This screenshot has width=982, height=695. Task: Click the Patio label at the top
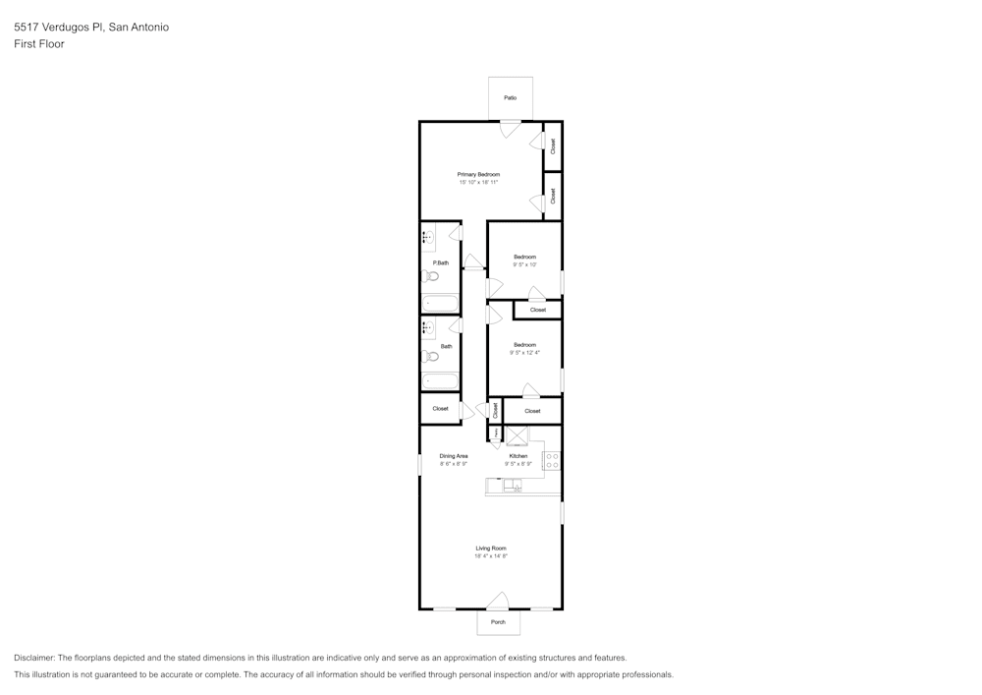[x=511, y=97]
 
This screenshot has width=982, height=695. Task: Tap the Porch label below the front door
[x=498, y=621]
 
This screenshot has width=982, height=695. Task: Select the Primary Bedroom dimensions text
[x=478, y=182]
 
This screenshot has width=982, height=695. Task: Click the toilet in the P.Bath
[x=430, y=276]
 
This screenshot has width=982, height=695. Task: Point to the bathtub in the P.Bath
[x=440, y=303]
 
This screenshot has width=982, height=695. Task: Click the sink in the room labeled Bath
[x=427, y=327]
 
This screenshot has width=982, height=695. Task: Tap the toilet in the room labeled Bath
[x=430, y=356]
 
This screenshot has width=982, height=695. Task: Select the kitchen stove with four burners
[x=552, y=460]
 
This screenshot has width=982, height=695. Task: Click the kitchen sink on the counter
[x=512, y=485]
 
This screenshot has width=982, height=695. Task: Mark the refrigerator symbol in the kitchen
[x=517, y=435]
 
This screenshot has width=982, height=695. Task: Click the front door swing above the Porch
[x=499, y=601]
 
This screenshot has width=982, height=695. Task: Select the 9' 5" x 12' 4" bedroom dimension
[x=524, y=352]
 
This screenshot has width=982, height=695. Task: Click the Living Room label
[x=491, y=548]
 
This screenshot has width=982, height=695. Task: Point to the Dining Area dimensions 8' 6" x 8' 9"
[x=454, y=464]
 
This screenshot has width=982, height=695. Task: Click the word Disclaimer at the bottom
[x=34, y=658]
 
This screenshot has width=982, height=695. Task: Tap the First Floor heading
[x=39, y=44]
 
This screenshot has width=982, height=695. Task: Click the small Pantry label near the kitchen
[x=496, y=433]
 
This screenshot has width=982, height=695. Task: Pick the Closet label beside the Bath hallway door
[x=440, y=408]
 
